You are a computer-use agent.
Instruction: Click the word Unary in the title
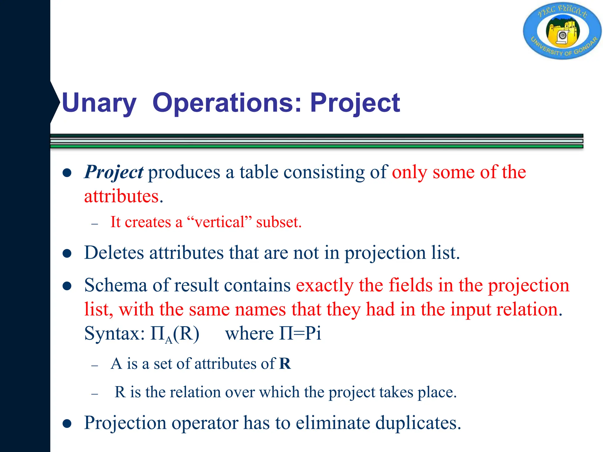[x=99, y=103]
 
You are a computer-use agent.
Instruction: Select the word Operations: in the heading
[x=227, y=103]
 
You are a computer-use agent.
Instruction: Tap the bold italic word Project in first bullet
[x=114, y=172]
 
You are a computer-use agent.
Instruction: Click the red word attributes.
[x=121, y=196]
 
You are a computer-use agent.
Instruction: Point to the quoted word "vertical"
[x=220, y=222]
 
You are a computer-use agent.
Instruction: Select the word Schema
[x=115, y=285]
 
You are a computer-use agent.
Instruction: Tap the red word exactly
[x=324, y=285]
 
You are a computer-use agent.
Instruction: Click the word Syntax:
[x=114, y=334]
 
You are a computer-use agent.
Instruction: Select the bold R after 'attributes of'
[x=285, y=364]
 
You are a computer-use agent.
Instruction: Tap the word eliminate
[x=333, y=423]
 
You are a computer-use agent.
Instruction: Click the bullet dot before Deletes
[x=67, y=253]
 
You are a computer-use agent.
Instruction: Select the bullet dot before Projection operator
[x=67, y=423]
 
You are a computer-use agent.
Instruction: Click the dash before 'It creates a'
[x=95, y=224]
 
